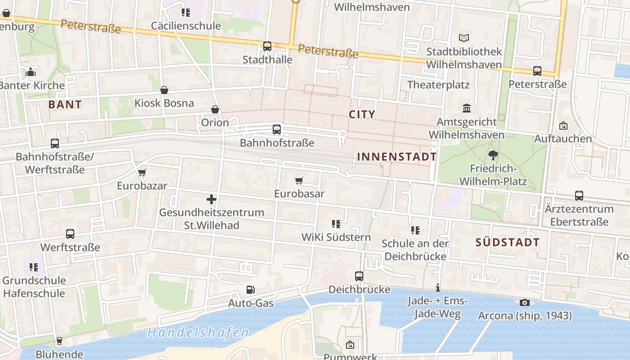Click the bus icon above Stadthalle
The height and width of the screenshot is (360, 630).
(267, 46)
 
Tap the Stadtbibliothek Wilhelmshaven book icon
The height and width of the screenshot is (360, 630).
(464, 38)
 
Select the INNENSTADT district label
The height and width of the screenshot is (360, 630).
(397, 157)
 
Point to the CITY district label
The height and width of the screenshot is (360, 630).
(362, 114)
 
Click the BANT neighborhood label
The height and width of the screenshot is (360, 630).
(65, 105)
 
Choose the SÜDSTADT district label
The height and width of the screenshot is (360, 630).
(508, 242)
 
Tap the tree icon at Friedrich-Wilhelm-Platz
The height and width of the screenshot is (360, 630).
(493, 156)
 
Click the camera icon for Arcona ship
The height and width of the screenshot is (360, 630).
(525, 302)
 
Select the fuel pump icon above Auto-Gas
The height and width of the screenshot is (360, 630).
(251, 290)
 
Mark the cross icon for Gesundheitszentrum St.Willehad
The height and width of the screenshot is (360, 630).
(211, 199)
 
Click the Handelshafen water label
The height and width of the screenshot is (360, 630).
(198, 333)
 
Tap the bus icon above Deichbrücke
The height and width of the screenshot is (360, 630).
(359, 276)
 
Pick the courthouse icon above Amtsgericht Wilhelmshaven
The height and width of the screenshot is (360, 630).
(467, 108)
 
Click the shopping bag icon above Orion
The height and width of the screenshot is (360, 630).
(215, 109)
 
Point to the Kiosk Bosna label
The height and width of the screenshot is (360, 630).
(164, 103)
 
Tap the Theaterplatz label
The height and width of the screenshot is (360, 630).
(438, 85)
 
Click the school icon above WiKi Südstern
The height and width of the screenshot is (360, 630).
(336, 224)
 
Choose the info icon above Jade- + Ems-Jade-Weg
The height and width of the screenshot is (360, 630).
(437, 288)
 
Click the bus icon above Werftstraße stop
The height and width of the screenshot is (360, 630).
(70, 234)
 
